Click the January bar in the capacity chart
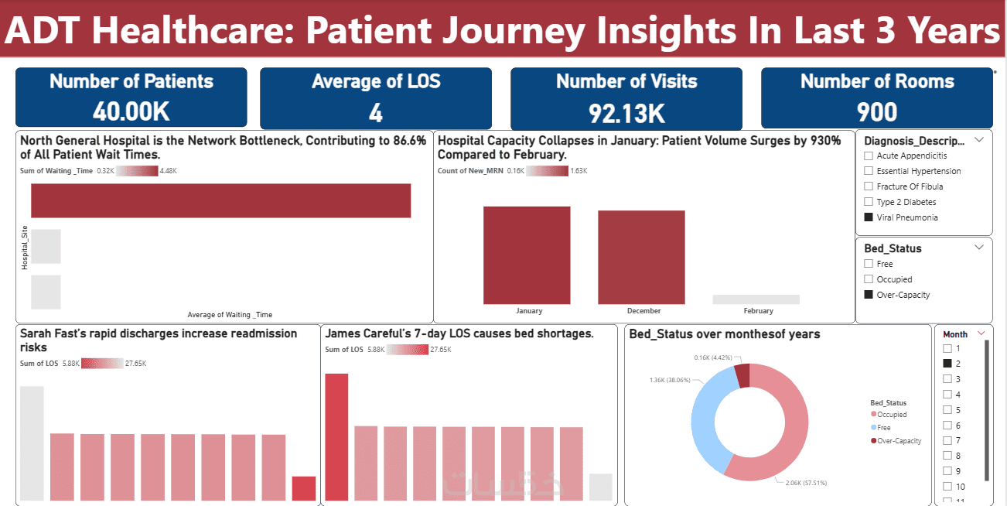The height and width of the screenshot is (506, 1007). (527, 255)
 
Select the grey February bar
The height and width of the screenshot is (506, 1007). (756, 299)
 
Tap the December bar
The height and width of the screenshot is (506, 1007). (641, 257)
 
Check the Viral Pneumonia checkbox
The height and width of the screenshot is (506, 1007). (869, 217)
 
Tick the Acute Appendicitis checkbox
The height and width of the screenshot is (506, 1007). (869, 156)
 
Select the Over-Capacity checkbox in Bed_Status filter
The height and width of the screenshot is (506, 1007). (869, 295)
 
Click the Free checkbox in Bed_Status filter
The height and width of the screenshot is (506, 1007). (869, 264)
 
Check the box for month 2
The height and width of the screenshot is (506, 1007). (947, 363)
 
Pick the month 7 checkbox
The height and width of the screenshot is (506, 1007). (947, 440)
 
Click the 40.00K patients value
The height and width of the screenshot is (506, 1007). (131, 111)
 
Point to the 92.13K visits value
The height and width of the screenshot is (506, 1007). (626, 113)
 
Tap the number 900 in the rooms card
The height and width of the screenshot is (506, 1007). (877, 112)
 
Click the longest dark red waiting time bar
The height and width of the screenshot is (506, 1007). (220, 200)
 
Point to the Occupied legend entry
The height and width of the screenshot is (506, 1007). (891, 415)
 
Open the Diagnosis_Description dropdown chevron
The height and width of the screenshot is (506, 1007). (980, 140)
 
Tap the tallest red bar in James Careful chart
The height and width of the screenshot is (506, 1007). (336, 437)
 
